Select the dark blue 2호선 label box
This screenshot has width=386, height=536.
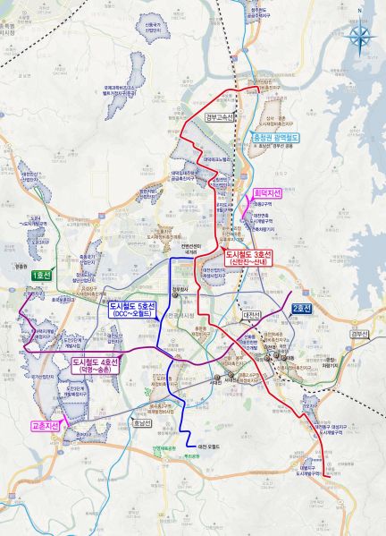coord(301,309)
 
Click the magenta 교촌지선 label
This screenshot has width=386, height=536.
coord(45,426)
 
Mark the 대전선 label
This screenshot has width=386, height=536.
coord(248,315)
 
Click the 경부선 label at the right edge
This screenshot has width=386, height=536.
coord(358,335)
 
